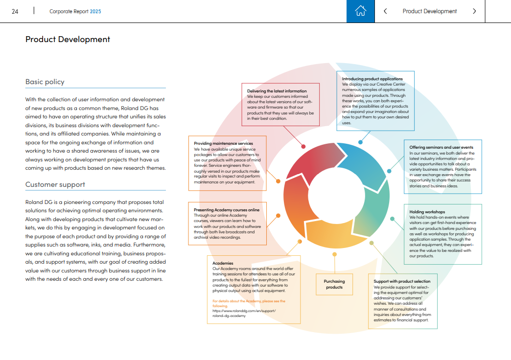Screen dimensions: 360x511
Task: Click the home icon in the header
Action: pyautogui.click(x=360, y=11)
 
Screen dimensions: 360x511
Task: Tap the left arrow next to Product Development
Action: pyautogui.click(x=386, y=11)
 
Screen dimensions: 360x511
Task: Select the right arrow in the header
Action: pyautogui.click(x=474, y=11)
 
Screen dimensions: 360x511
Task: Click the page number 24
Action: pyautogui.click(x=15, y=11)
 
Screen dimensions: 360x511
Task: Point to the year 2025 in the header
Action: pyautogui.click(x=95, y=11)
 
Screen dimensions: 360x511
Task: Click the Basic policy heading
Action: pyautogui.click(x=45, y=82)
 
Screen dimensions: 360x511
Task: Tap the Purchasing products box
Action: pyautogui.click(x=334, y=284)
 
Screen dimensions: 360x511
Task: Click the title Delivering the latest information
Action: pyautogui.click(x=277, y=91)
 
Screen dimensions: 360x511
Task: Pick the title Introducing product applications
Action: pyautogui.click(x=372, y=79)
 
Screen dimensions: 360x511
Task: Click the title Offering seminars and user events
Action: pyautogui.click(x=441, y=147)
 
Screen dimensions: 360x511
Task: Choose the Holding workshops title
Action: pyautogui.click(x=427, y=212)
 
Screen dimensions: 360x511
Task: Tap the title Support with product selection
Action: pyautogui.click(x=402, y=281)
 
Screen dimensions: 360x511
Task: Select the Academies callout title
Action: pyautogui.click(x=223, y=263)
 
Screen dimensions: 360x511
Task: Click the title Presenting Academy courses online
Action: pyautogui.click(x=227, y=210)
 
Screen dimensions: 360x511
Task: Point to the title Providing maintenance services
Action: pyautogui.click(x=223, y=143)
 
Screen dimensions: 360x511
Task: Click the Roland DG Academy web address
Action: pyautogui.click(x=244, y=313)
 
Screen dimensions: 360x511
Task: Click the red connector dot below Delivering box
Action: pyautogui.click(x=303, y=146)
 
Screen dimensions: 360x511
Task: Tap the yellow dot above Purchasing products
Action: pyautogui.click(x=335, y=254)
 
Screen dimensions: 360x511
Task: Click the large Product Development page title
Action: pyautogui.click(x=68, y=39)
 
